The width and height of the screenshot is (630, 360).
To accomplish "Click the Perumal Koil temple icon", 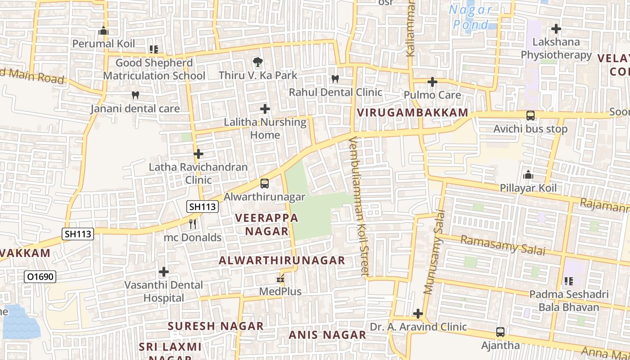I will tap(103, 31).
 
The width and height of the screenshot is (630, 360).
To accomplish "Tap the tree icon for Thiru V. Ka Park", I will tap(257, 62).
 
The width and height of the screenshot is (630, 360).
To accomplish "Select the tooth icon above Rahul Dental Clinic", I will tap(335, 79).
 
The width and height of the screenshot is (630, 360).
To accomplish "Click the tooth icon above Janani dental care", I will tap(135, 95).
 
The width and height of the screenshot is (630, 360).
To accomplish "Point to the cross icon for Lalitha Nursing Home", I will tap(265, 109).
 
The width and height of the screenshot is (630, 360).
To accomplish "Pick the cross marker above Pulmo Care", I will tap(432, 82).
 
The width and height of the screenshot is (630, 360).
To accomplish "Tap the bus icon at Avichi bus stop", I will tap(531, 116).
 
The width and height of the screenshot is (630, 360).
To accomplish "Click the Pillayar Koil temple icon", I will tap(528, 175).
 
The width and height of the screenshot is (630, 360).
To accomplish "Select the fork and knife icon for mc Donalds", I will tap(193, 224).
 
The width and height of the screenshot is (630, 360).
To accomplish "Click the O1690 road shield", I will tap(40, 277).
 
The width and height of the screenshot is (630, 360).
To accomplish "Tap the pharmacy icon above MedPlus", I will tap(280, 279).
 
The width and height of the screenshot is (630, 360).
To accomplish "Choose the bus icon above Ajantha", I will tap(500, 332).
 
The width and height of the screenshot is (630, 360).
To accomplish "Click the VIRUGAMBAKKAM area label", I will tap(413, 113).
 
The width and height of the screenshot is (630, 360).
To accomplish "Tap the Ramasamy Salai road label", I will tap(503, 245).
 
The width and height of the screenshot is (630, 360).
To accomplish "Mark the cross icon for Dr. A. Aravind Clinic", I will tap(418, 313).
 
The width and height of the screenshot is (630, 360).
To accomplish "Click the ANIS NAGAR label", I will tap(327, 335).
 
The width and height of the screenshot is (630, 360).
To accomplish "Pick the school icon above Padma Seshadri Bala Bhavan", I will tap(568, 281).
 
